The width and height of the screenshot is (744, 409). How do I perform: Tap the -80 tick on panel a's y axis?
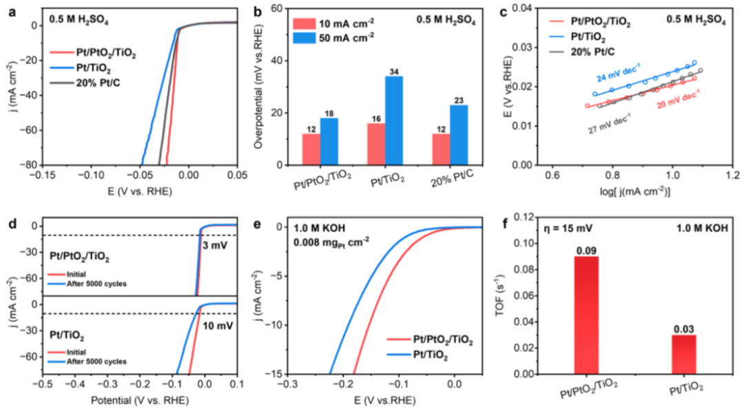click(29, 165)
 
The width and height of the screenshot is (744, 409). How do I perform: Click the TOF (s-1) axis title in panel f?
click(511, 302)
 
